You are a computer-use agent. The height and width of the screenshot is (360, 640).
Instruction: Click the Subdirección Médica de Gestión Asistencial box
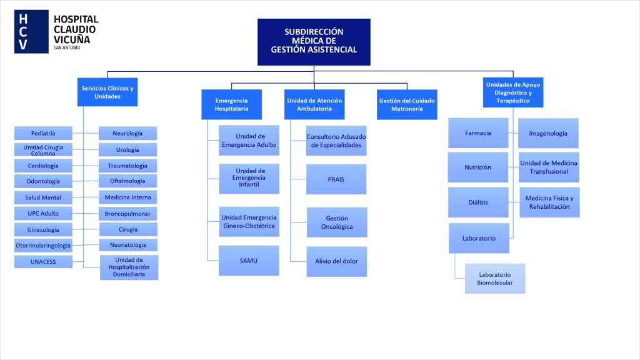pos(314,41)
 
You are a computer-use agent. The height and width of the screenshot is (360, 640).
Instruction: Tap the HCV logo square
pos(31,32)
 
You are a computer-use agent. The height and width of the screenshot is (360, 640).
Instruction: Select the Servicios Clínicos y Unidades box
pos(107,92)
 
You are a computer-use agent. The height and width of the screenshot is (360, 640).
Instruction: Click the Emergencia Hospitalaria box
pos(231,104)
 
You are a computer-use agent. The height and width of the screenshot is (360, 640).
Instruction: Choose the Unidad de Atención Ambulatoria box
pos(314,104)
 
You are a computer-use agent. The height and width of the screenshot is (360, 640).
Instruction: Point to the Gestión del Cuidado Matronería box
pos(407,104)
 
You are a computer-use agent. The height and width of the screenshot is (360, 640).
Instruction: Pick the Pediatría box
pos(43,133)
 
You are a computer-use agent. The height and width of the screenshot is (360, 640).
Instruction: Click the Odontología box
pos(43,181)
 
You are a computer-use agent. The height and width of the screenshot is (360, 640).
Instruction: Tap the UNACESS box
pos(43,262)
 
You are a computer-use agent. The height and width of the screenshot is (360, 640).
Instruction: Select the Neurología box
pos(127,133)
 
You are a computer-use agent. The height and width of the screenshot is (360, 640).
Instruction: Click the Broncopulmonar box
pos(127,213)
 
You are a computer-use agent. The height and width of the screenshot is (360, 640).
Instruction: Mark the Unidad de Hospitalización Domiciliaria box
pos(129,267)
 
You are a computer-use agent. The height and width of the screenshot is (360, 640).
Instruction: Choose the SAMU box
pos(249,261)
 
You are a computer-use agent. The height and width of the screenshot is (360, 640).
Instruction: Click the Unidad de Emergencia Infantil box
pos(249,178)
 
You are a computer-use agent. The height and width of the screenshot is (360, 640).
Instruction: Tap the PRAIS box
pos(336,179)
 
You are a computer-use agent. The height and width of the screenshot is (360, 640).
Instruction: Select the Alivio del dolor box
pos(336,261)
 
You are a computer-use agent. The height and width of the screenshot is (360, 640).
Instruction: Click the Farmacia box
pos(478,133)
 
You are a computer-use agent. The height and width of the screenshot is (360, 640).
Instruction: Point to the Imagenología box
pos(548,133)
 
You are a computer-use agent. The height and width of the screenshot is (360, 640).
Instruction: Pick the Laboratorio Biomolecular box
pos(495,279)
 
